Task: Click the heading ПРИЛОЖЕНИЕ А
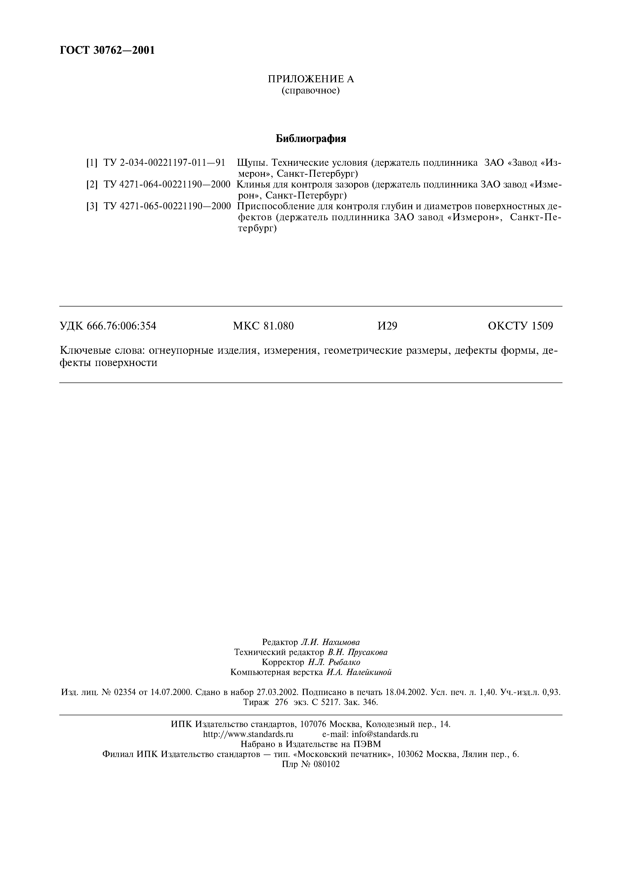pos(311,79)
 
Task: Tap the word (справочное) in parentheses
pos(311,91)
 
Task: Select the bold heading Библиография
pos(311,139)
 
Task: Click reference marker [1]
pos(92,163)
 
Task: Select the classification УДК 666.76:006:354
pos(108,326)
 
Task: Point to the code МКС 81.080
pos(263,326)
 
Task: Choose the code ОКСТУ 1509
pos(520,326)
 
